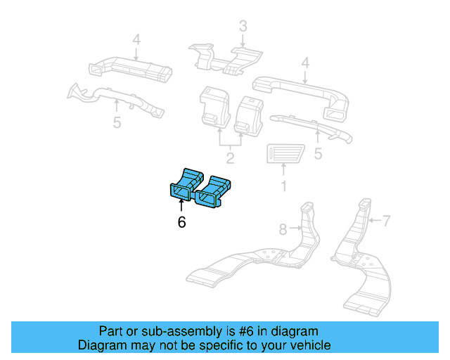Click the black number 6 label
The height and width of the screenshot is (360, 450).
point(181,222)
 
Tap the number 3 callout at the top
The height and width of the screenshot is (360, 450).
point(243,27)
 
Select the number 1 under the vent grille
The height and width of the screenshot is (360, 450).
point(284,187)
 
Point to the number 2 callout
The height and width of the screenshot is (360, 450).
point(230,157)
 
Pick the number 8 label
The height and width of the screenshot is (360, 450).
point(283,229)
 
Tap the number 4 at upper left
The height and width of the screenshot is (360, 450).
point(136,39)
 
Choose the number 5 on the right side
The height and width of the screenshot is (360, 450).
point(318,153)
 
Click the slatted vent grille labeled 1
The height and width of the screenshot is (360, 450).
point(283,154)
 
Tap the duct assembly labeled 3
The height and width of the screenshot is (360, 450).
point(225,56)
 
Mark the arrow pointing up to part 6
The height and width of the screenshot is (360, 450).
point(181,205)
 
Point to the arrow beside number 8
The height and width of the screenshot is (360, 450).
point(296,229)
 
